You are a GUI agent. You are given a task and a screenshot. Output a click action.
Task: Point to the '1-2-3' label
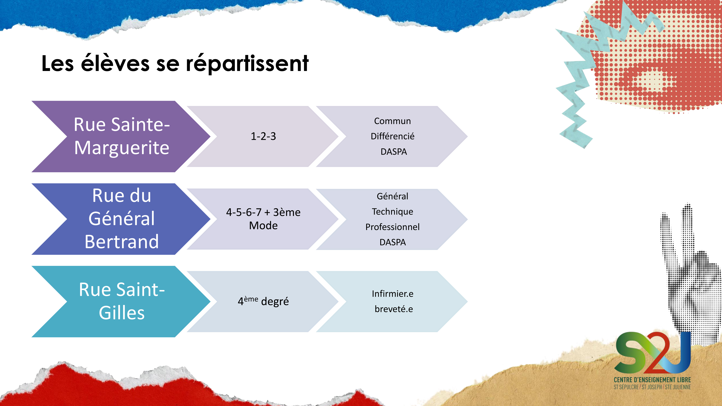pos(263,136)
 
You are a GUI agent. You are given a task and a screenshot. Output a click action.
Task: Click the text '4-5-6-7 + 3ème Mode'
pos(263,219)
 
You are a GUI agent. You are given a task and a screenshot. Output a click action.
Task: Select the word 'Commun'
pos(392,121)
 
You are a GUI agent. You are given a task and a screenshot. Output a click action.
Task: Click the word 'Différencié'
pos(392,136)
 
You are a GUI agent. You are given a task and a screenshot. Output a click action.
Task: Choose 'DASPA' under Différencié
pos(393,152)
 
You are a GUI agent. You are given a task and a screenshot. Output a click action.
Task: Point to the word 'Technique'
pos(392,212)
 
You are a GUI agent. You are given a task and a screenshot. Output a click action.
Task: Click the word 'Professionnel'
pos(392,227)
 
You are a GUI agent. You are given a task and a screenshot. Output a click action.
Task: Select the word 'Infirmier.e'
pos(392,294)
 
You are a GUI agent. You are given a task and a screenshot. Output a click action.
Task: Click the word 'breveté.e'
pos(393,309)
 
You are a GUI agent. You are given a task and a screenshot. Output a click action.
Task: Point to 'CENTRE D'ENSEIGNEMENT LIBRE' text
pos(652,380)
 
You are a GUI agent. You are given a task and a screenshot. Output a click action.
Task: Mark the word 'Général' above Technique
pos(392,196)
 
